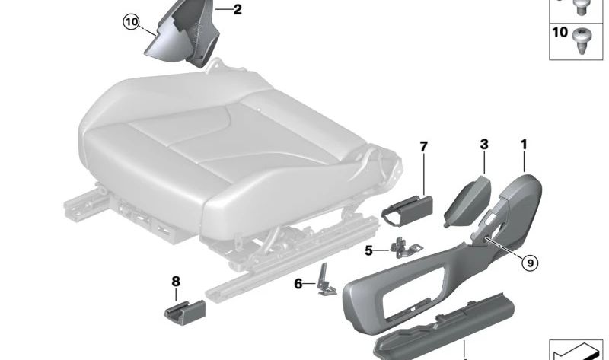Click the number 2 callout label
click(238, 9)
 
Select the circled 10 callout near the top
click(132, 22)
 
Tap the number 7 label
click(424, 147)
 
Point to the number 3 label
click(484, 145)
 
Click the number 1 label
click(524, 145)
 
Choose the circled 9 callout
click(530, 263)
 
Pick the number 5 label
click(368, 251)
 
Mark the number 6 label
click(298, 284)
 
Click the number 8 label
click(176, 281)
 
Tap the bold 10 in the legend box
click(560, 32)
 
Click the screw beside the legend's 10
click(582, 41)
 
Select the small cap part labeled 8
click(184, 311)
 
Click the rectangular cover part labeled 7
click(407, 212)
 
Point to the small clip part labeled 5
click(405, 248)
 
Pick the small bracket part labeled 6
click(326, 280)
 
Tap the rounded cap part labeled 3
click(467, 202)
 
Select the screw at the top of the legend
click(582, 7)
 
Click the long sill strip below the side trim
click(443, 327)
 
